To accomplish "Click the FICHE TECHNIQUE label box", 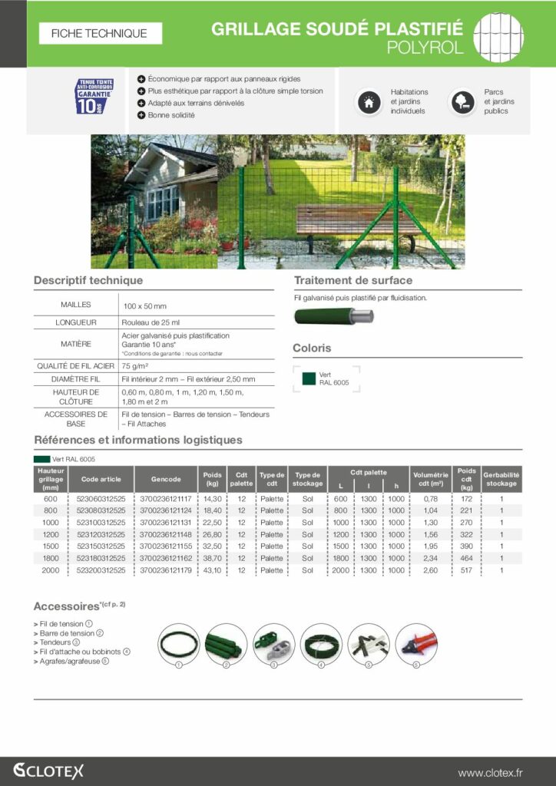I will (x=100, y=34).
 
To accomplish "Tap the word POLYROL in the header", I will (x=425, y=48).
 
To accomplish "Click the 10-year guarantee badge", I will (x=94, y=96).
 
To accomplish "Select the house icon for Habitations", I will (x=369, y=102).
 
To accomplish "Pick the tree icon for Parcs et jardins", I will (x=462, y=102).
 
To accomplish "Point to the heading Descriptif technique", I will (x=88, y=281).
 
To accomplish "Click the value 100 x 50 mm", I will (x=145, y=305).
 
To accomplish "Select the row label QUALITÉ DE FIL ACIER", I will (x=75, y=366).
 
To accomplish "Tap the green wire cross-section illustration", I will (x=333, y=315).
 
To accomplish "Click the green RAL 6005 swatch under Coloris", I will (x=309, y=378).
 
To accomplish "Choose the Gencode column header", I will (x=166, y=479).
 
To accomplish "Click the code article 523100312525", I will (x=101, y=522).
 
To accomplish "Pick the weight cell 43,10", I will (x=213, y=570).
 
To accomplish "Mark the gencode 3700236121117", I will (x=166, y=498).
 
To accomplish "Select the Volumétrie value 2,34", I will (x=431, y=558).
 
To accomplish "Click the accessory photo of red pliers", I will (x=416, y=644).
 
